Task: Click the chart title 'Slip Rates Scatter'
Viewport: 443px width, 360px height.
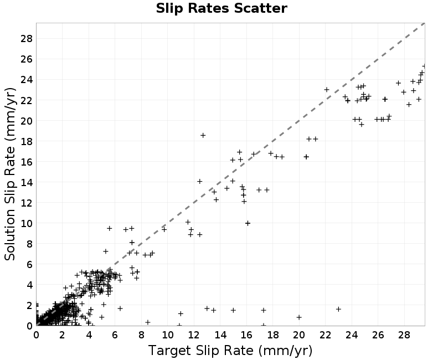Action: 221,8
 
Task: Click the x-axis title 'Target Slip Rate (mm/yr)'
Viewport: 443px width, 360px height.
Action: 230,351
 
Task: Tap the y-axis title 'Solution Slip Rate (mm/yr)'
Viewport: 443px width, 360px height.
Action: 10,174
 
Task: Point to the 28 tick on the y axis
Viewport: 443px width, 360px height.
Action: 27,38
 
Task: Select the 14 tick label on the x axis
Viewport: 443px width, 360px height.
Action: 220,335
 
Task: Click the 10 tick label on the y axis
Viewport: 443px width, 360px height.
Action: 27,223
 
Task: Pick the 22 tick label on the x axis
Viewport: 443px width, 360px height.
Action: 326,335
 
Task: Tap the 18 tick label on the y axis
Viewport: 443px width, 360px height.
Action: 27,141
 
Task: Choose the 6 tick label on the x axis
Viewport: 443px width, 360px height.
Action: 115,335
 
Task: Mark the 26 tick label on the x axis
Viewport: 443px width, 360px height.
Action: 378,335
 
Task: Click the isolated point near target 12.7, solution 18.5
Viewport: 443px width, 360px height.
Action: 203,135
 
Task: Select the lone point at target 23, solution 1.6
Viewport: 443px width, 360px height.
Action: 338,309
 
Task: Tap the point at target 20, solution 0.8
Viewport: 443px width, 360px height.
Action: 299,317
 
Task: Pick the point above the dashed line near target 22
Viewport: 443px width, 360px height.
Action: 327,90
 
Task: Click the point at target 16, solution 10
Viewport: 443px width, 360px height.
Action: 248,223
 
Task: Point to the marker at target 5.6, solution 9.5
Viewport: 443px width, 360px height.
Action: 109,228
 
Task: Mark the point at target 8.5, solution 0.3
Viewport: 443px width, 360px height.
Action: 147,322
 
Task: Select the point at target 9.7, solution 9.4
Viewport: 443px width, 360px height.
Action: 164,229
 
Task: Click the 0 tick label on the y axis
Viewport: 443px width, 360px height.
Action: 30,326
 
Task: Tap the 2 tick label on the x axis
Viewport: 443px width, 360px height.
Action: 62,335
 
